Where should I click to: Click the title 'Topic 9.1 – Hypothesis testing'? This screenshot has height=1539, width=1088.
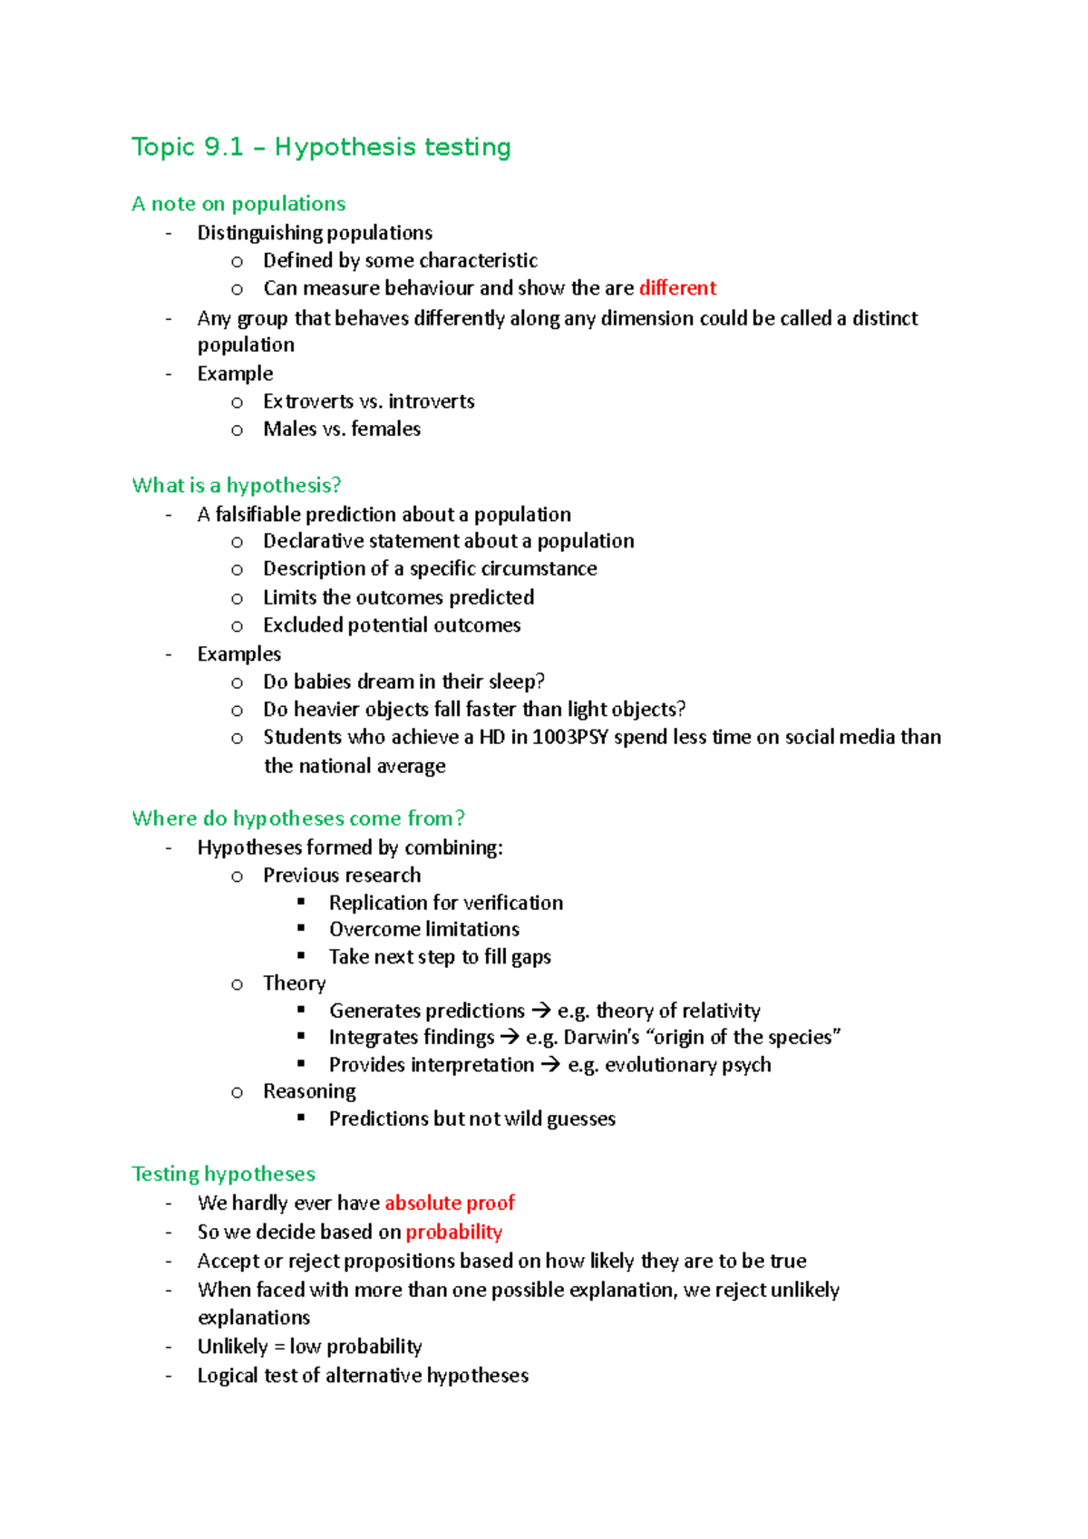[x=321, y=147]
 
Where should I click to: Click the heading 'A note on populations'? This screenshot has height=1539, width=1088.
[x=238, y=204]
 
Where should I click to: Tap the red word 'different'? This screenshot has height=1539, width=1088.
[x=677, y=288]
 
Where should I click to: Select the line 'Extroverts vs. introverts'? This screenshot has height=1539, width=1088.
[x=368, y=402]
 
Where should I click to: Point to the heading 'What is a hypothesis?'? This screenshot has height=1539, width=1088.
[x=237, y=486]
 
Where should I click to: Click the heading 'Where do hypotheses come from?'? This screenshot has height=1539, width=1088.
[x=298, y=818]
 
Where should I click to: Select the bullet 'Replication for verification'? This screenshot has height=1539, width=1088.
[x=445, y=903]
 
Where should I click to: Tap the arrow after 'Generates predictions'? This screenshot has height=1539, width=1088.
[x=540, y=1011]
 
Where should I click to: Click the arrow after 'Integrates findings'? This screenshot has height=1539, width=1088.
[x=510, y=1037]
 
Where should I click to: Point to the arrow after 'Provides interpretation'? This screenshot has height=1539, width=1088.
[x=550, y=1065]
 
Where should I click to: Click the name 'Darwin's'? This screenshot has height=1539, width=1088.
[x=601, y=1037]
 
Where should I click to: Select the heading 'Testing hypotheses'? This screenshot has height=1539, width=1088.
[x=223, y=1175]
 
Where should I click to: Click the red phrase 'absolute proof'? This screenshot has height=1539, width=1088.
[x=450, y=1204]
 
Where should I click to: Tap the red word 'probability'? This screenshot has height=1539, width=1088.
[x=453, y=1233]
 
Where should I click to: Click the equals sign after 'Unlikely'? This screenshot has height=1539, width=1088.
[x=279, y=1348]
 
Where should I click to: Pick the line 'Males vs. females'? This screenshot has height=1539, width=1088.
[x=342, y=430]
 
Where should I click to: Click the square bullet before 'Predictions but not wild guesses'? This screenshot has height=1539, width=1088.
[x=301, y=1118]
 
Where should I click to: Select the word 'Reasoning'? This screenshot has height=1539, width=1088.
[x=309, y=1092]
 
